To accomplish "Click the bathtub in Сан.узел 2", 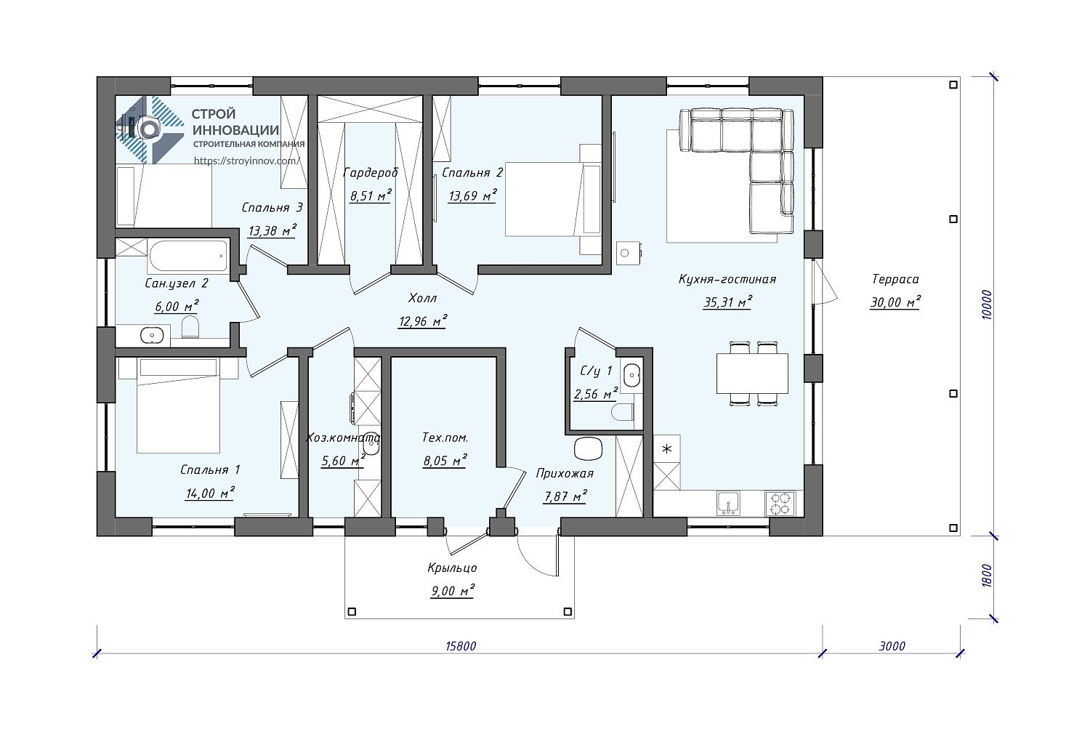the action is coord(187,256).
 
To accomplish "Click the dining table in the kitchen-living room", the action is coord(752,374).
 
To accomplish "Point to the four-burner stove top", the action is coord(780,503).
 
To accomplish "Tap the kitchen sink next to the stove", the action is coord(728,503).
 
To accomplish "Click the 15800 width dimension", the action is coord(460,646).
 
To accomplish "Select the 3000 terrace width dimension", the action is coord(892,646).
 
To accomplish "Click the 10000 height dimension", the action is coord(986,305).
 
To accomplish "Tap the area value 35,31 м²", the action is coord(727,302).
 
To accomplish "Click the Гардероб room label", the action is coord(371,173).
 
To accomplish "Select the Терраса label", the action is coord(895,279).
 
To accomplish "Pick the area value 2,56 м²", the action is coord(596,394).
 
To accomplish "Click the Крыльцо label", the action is coord(453,568).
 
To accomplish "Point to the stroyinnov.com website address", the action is coord(247,161).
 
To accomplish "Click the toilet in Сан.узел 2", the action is coord(190,327).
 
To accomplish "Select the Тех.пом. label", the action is coord(445,438).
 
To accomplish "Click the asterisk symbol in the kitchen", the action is coord(666,448).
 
